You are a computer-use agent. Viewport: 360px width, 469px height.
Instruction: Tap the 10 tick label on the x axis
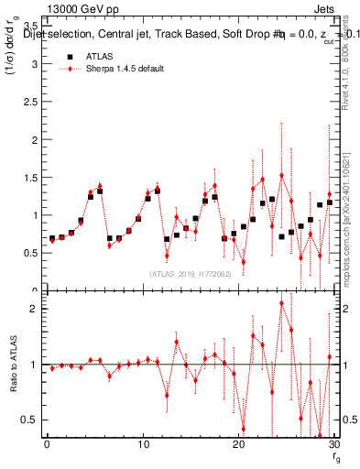pyautogui.click(x=143, y=446)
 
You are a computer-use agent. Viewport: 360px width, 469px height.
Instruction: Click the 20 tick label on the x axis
pyautogui.click(x=239, y=446)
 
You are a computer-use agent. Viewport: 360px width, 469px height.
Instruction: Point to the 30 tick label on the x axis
pyautogui.click(x=334, y=446)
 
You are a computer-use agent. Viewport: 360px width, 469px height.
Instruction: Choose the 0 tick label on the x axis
pyautogui.click(x=47, y=446)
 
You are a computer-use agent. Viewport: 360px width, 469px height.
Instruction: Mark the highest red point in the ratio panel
pyautogui.click(x=281, y=302)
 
